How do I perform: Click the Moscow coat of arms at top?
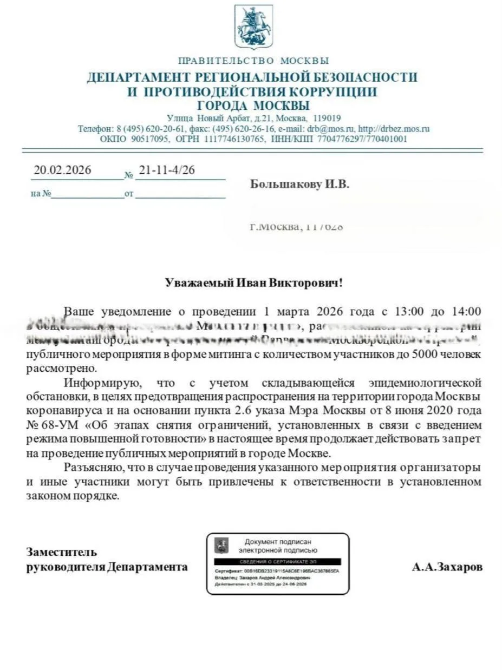253,27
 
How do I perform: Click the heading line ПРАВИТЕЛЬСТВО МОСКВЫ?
253,61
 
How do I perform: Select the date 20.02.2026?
62,170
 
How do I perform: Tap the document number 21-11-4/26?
167,170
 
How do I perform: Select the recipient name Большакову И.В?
299,185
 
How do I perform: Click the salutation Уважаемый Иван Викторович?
253,283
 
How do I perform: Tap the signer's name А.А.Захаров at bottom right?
447,567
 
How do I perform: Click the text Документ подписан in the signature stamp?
278,542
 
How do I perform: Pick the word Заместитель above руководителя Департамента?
62,552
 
